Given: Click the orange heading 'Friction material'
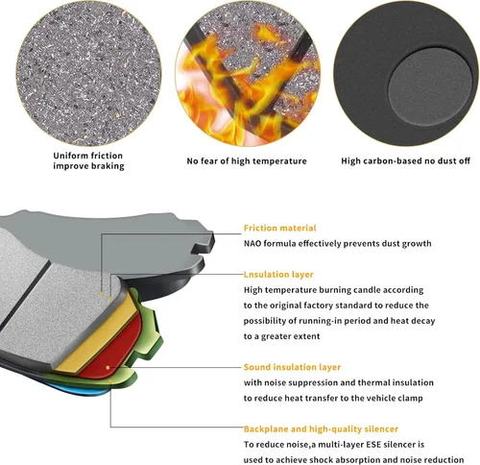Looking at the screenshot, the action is point(279,228).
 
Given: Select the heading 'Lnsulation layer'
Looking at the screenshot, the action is point(278,275).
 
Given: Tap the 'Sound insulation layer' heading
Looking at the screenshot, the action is point(292,367).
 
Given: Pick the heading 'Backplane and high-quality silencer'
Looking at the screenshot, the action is point(321,428).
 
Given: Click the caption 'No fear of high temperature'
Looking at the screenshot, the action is point(247,160).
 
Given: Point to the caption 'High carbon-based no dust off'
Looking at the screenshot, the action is point(405,160).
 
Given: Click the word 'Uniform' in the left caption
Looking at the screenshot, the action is point(69,156).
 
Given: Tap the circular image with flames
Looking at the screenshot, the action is point(248,74).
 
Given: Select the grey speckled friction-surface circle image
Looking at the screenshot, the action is point(88,74).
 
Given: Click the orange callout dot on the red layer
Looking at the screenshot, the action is point(108,368).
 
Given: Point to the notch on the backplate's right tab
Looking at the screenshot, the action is point(200,249).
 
